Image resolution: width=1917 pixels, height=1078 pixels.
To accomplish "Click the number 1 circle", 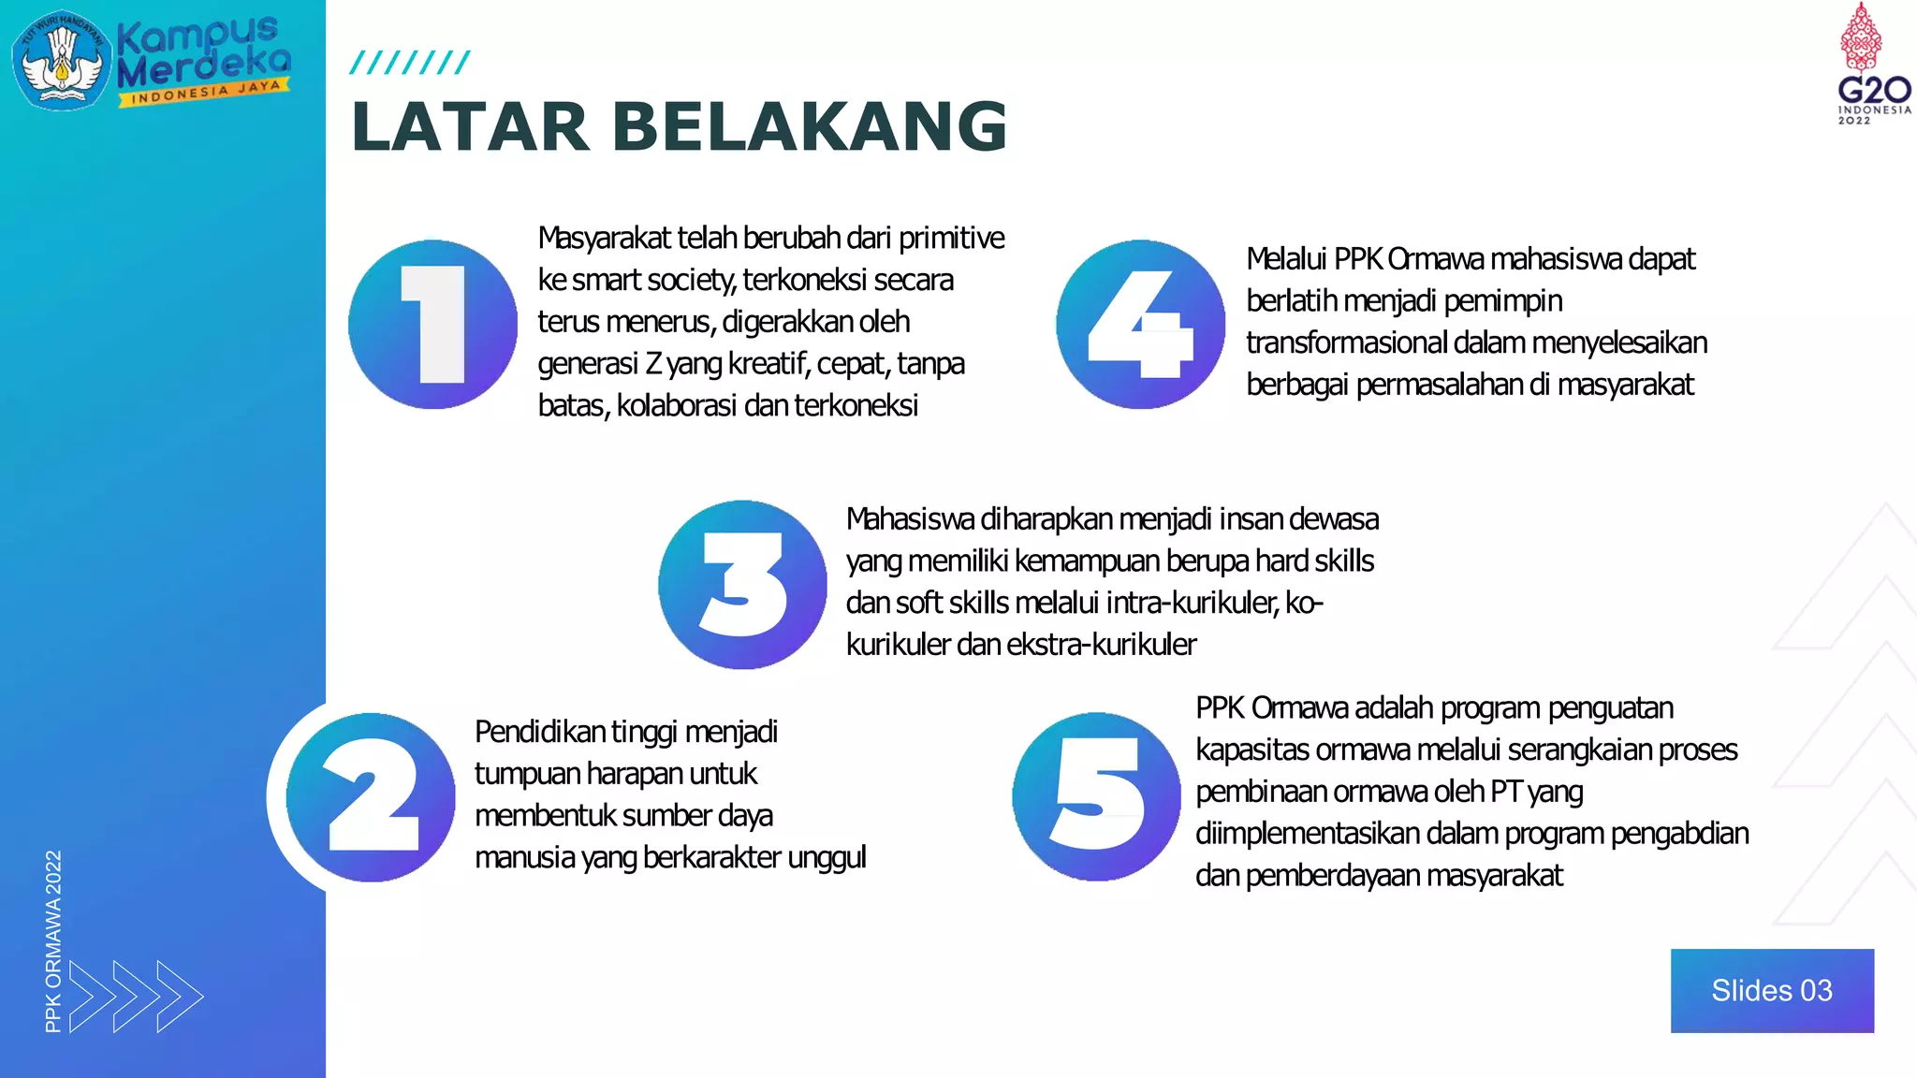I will coord(432,324).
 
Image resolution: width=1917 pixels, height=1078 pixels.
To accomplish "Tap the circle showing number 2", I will coord(371,797).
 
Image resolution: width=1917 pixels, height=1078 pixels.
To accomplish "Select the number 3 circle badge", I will coord(742,584).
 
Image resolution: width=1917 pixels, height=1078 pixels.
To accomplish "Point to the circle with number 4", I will coord(1140,324).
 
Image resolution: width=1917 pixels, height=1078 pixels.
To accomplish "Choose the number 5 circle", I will coord(1096,796).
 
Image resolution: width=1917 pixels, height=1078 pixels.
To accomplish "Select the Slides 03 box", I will coord(1772,990).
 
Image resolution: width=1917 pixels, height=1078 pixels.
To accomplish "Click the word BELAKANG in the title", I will coord(810,126).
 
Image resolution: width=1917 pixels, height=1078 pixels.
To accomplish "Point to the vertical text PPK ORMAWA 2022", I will coord(53,940).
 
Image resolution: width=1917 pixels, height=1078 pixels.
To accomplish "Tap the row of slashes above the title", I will coord(409,63).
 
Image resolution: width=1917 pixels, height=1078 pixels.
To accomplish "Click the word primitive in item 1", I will coord(951,239).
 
